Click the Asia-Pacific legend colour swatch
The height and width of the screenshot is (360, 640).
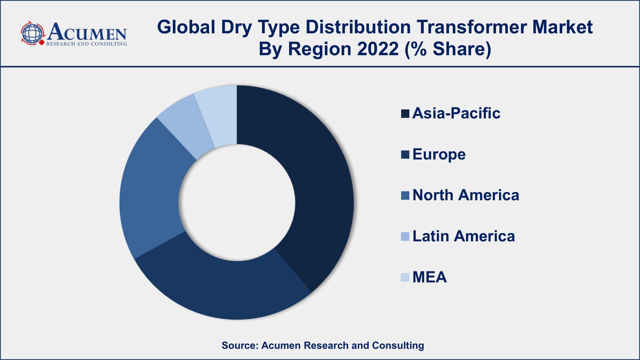coord(405,114)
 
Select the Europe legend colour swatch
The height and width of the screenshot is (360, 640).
coord(405,155)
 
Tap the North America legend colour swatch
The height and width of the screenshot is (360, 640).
coord(405,195)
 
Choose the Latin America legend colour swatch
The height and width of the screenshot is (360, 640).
coord(405,237)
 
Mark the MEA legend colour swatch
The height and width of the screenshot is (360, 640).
coord(405,277)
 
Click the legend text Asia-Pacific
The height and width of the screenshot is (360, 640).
coord(456,113)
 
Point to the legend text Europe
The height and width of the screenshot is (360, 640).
coord(439,154)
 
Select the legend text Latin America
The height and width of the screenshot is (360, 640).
coord(463,236)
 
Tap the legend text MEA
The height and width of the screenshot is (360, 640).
coord(430,277)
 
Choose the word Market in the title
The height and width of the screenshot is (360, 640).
coord(562,27)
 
